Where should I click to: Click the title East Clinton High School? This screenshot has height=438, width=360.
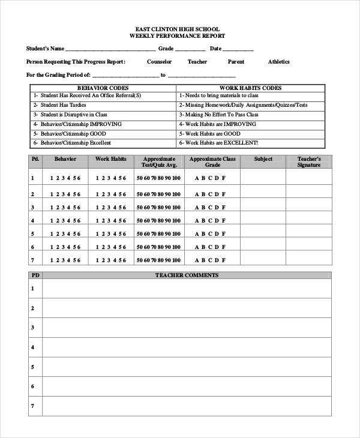pyautogui.click(x=178, y=29)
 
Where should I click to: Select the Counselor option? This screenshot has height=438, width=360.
pyautogui.click(x=159, y=62)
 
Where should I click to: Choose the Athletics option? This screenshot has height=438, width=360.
pyautogui.click(x=278, y=62)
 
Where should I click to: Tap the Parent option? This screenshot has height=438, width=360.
pyautogui.click(x=236, y=62)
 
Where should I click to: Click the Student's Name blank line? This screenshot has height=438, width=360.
pyautogui.click(x=110, y=50)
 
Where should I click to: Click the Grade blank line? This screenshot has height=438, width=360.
pyautogui.click(x=190, y=50)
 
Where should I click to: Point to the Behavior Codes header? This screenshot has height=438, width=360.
pyautogui.click(x=103, y=88)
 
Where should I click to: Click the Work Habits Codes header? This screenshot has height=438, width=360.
pyautogui.click(x=251, y=88)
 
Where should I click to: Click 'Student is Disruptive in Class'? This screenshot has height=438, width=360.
pyautogui.click(x=71, y=115)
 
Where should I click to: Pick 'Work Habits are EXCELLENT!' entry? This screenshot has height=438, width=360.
pyautogui.click(x=220, y=143)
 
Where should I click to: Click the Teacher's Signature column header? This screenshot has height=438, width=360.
pyautogui.click(x=309, y=162)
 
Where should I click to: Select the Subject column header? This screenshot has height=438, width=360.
pyautogui.click(x=263, y=159)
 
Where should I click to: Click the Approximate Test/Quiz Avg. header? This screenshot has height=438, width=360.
pyautogui.click(x=159, y=162)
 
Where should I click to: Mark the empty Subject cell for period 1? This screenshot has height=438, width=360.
pyautogui.click(x=263, y=178)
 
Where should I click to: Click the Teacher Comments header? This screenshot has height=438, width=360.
pyautogui.click(x=187, y=275)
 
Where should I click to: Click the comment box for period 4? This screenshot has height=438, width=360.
pyautogui.click(x=187, y=347)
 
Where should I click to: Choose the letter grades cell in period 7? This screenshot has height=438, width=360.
pyautogui.click(x=209, y=260)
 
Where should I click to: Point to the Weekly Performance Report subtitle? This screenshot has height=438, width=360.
pyautogui.click(x=178, y=36)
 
